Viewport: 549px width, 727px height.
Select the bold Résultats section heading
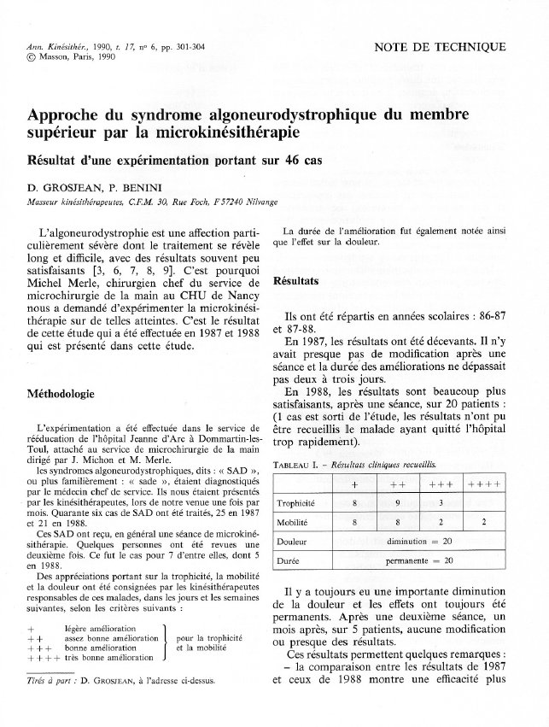tap(295, 280)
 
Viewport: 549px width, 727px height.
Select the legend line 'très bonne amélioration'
tap(108, 659)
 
